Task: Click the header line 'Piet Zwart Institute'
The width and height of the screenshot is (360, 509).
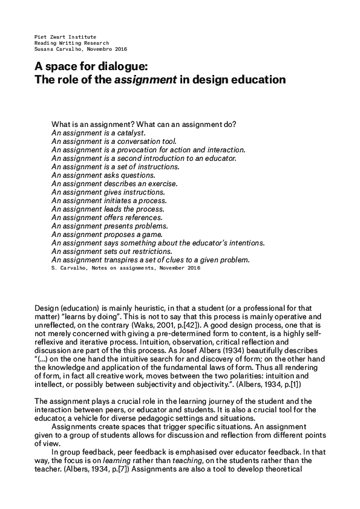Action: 65,37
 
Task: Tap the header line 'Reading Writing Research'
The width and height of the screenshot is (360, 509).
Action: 72,43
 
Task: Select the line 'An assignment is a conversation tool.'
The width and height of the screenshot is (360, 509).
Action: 107,141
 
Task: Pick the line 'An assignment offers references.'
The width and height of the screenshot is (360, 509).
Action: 107,217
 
